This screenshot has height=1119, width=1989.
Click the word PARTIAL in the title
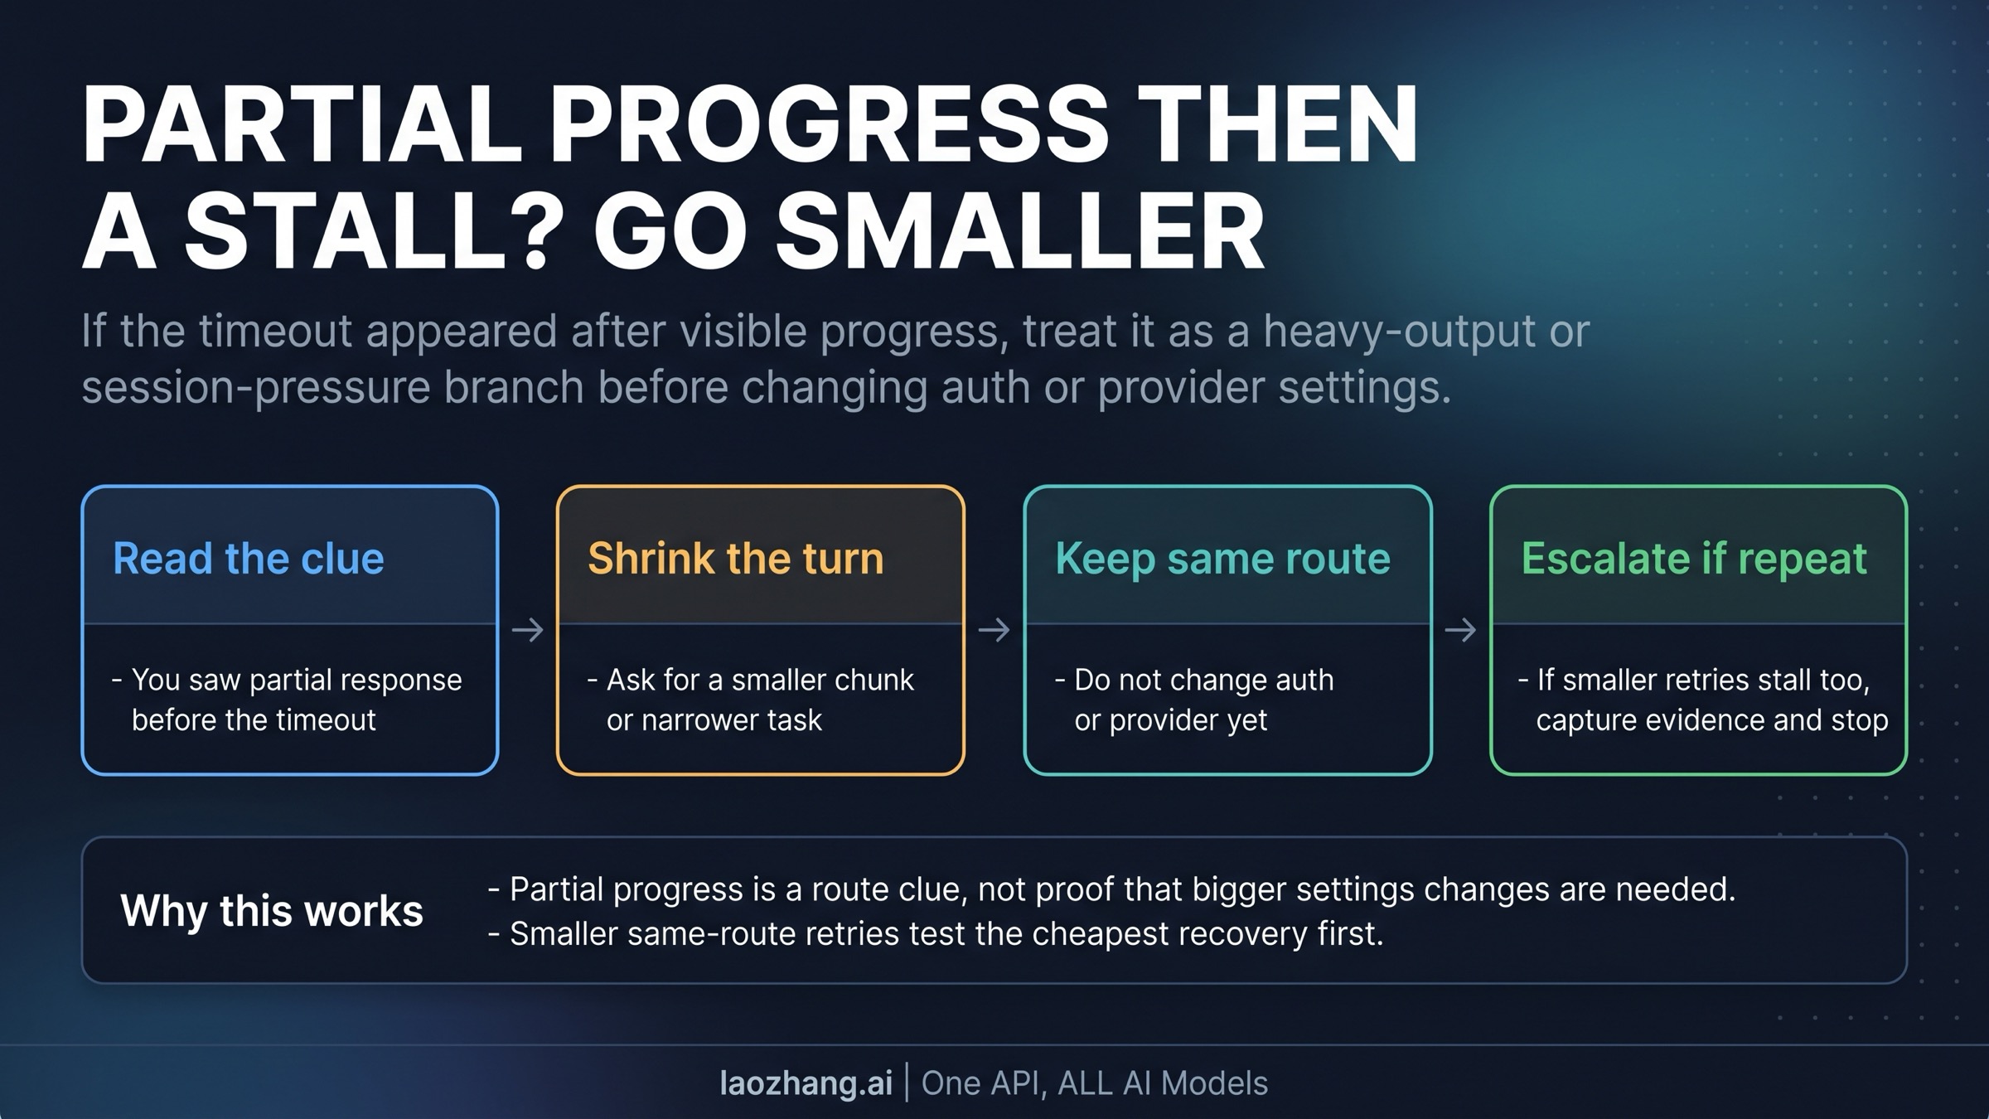(302, 124)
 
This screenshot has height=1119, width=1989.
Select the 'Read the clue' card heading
(249, 558)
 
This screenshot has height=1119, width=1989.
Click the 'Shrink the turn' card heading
(736, 558)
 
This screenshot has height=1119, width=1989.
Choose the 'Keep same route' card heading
(1223, 559)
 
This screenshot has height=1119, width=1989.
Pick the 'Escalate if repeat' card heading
(1694, 559)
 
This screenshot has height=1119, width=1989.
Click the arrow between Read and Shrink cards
(527, 630)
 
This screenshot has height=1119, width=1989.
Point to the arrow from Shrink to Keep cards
(994, 630)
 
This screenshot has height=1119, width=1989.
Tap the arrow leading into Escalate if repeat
(1460, 630)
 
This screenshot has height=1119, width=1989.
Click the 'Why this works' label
(272, 911)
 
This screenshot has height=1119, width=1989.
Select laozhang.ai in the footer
(806, 1083)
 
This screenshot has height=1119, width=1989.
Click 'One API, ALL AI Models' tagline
(1095, 1083)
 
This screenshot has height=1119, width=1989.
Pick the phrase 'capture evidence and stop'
(1712, 720)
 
